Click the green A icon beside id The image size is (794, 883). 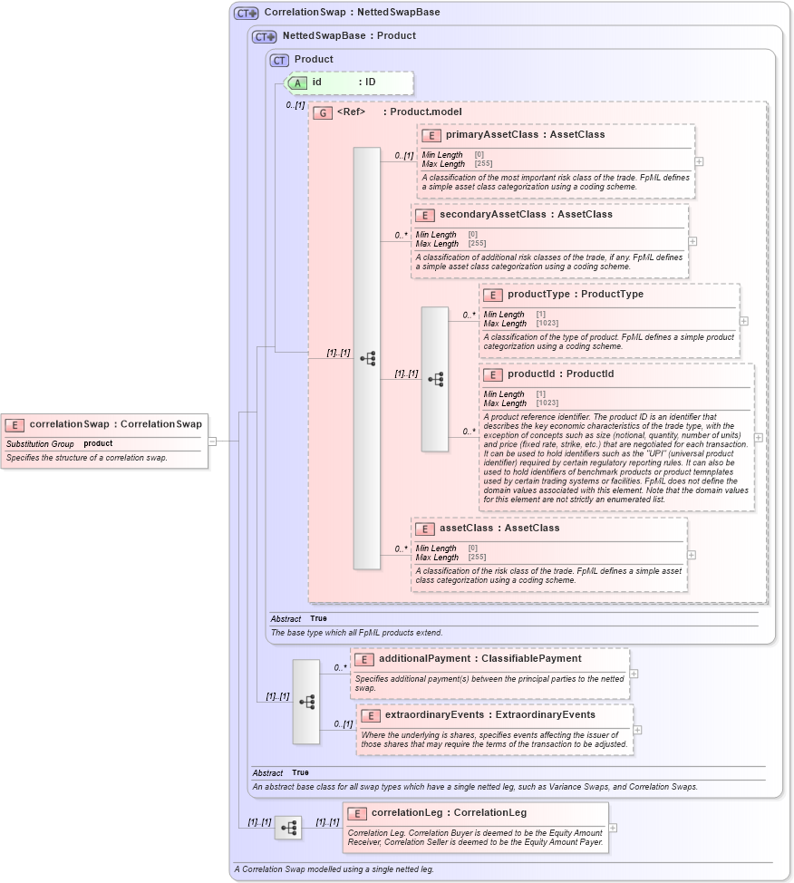click(298, 82)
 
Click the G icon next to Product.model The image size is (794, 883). click(323, 112)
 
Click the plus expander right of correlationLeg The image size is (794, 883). click(614, 827)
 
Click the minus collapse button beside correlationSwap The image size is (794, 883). click(212, 441)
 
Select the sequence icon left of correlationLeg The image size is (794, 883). click(288, 828)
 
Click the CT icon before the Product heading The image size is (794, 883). click(280, 60)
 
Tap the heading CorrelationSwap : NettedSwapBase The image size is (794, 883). click(352, 13)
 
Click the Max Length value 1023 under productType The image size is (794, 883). click(547, 324)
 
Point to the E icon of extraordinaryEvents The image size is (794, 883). click(370, 715)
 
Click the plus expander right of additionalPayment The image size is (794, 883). click(634, 674)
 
